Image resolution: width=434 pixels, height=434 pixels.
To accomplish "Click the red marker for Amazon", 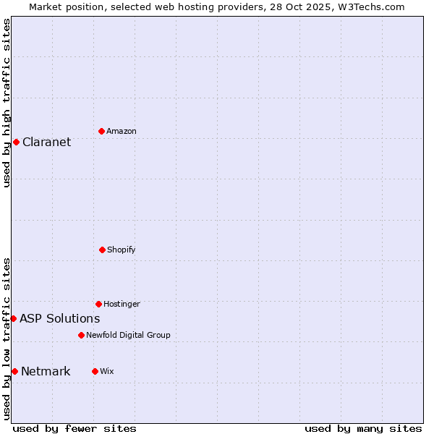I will click(x=101, y=131).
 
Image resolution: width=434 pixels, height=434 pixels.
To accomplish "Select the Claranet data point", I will click(x=16, y=142).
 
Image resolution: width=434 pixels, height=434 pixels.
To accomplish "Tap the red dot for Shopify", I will click(x=102, y=250).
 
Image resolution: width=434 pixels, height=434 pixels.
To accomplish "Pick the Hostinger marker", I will click(x=98, y=304).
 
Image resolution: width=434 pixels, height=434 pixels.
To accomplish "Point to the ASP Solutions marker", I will click(x=13, y=318).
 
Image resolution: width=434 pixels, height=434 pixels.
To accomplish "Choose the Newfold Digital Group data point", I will click(x=81, y=335).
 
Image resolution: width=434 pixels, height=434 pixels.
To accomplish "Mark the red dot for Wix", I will click(x=95, y=371).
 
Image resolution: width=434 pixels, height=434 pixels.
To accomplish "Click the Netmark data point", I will click(x=14, y=371).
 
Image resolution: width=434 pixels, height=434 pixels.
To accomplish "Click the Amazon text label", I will click(x=122, y=131).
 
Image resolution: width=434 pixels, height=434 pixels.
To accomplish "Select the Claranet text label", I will click(x=46, y=142).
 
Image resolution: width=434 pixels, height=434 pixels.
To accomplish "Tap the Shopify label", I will click(x=121, y=250).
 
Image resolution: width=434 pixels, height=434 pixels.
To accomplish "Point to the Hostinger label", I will click(x=122, y=304).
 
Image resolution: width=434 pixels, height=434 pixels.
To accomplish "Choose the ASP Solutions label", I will click(x=59, y=318).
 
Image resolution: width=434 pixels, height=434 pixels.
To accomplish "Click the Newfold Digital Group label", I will click(x=128, y=335).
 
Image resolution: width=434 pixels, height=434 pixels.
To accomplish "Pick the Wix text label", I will click(x=107, y=371).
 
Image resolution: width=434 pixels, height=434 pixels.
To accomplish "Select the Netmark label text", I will click(x=46, y=372).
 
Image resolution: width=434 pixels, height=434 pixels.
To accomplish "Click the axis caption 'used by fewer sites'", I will click(x=75, y=428).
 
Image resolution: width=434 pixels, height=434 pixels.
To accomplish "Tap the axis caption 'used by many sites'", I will click(x=363, y=428).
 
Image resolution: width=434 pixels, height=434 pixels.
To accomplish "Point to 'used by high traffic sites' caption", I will click(x=7, y=103).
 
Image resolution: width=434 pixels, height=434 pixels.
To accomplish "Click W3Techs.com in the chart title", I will click(x=368, y=7).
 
